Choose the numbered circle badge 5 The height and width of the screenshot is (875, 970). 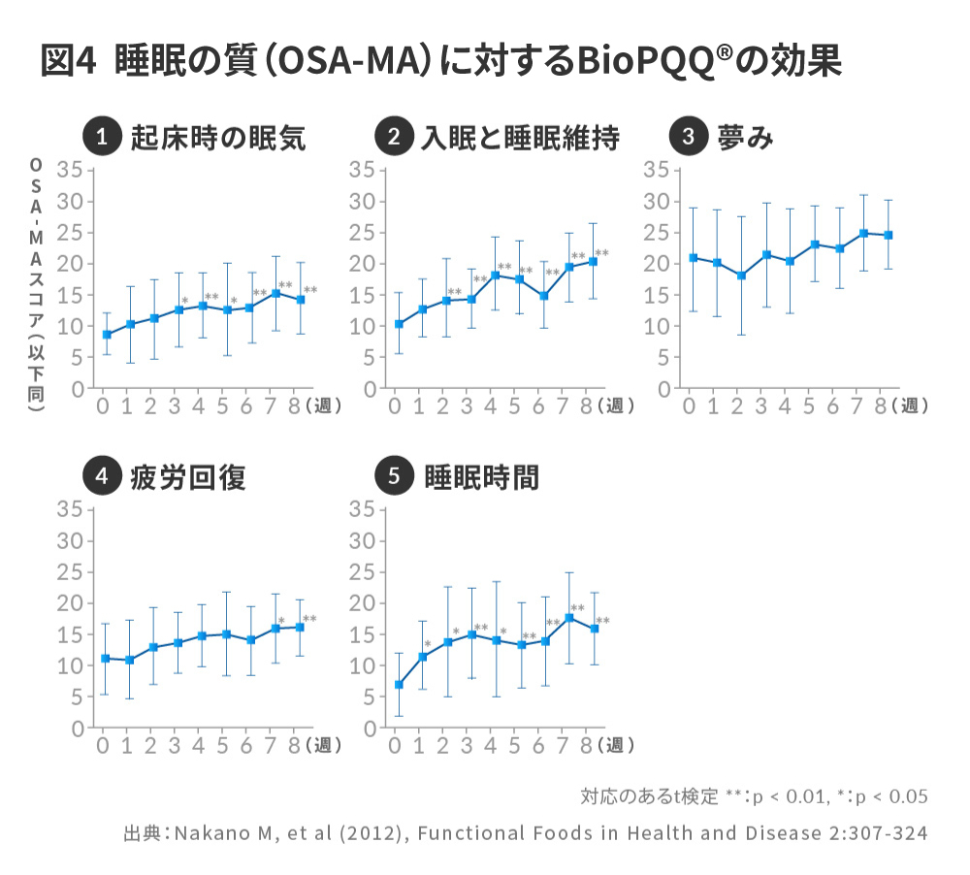click(393, 476)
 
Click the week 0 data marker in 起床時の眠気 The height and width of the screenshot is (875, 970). click(107, 335)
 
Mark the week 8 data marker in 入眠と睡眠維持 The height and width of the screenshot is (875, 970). click(593, 261)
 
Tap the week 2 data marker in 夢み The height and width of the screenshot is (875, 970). click(741, 275)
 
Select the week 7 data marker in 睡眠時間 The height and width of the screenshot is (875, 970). click(569, 618)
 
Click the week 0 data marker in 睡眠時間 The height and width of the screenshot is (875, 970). click(399, 685)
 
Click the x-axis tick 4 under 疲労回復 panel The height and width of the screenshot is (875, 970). click(199, 746)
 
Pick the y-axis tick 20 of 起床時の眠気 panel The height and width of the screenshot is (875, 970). click(70, 264)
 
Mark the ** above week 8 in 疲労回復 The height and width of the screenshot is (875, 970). click(309, 619)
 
